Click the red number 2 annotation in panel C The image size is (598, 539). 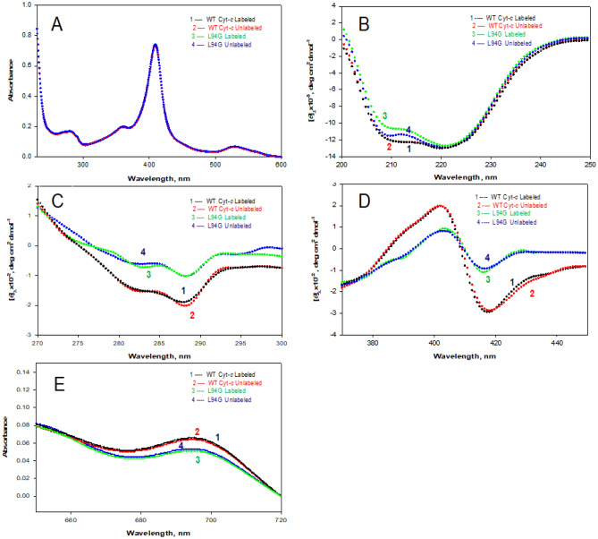(191, 315)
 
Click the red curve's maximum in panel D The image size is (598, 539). (440, 205)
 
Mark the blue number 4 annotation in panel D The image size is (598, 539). (487, 258)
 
